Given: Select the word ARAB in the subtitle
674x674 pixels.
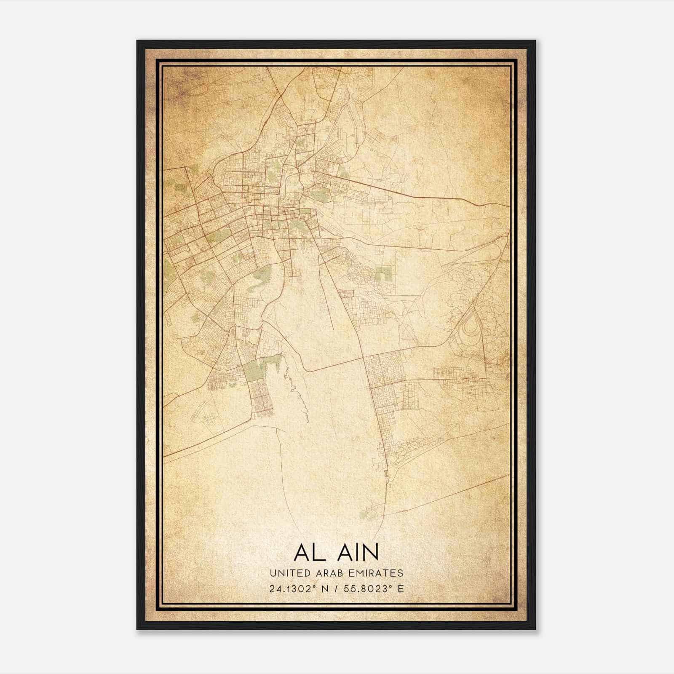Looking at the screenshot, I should point(334,573).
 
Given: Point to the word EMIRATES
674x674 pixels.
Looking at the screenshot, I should point(378,573).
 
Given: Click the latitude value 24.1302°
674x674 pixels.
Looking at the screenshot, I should point(293,588).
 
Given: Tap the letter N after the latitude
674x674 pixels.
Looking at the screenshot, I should point(324,588).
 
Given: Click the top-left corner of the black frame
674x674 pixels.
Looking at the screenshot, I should point(138,41).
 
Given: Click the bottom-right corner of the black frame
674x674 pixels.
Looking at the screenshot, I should point(535,629).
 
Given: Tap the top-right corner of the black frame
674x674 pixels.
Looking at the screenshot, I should point(535,41).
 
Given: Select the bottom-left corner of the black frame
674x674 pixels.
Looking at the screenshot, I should point(138,629).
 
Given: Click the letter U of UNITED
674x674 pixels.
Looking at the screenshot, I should point(273,573).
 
